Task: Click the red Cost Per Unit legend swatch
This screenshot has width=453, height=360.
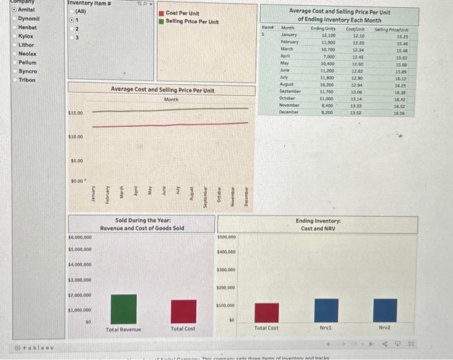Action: coord(162,13)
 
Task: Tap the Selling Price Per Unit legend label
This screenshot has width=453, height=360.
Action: coord(192,21)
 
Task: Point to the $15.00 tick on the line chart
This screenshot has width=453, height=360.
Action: coord(76,113)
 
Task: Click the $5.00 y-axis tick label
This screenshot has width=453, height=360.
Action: coord(77,160)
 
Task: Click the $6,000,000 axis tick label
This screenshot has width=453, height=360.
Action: coord(80,238)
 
